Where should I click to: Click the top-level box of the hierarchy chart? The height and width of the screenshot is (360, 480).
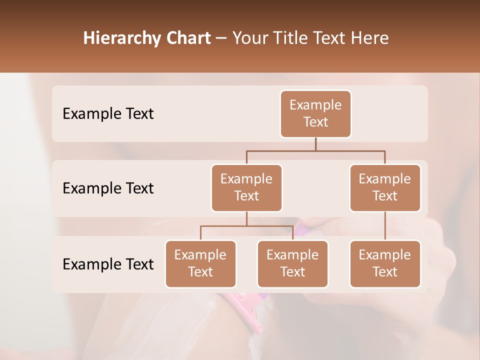(315, 114)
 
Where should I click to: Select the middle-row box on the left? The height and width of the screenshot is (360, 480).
(246, 187)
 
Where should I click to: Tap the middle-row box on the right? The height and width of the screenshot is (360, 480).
(385, 187)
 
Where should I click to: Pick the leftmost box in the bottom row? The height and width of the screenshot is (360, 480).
(200, 263)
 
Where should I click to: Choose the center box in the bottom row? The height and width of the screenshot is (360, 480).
(292, 263)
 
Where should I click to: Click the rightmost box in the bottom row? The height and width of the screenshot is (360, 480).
(385, 263)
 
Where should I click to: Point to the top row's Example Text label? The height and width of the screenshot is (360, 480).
(108, 114)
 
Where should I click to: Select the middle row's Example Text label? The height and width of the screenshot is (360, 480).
(108, 188)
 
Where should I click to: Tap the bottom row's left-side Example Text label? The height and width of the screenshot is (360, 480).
(108, 264)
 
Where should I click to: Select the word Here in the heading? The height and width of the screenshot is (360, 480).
(370, 38)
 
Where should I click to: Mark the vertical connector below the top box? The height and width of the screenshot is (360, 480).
(315, 144)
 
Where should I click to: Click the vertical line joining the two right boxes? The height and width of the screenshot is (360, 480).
(385, 226)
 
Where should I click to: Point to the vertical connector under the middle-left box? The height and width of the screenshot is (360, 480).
(246, 218)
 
